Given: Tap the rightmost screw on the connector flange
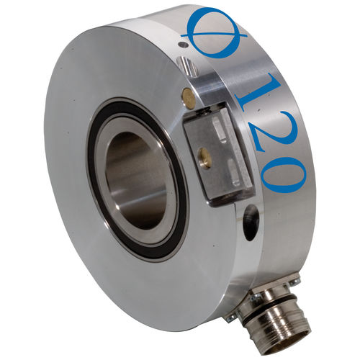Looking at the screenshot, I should (x=294, y=280).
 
